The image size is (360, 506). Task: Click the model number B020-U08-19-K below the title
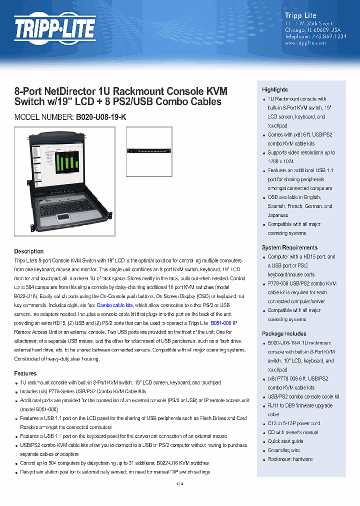click(x=101, y=117)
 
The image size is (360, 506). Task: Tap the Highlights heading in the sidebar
click(x=275, y=89)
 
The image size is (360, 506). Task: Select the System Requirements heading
click(x=289, y=247)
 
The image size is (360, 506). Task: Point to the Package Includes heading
click(x=284, y=333)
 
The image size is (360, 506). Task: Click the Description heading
click(x=28, y=251)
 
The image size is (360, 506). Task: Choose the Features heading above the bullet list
click(x=25, y=373)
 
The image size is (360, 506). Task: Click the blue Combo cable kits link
click(x=114, y=305)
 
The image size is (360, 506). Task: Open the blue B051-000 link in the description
click(x=220, y=323)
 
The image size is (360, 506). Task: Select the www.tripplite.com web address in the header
click(x=305, y=43)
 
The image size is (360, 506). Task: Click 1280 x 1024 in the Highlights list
click(x=280, y=161)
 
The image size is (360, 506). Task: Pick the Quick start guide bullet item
click(x=285, y=441)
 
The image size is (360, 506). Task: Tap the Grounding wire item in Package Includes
click(x=283, y=450)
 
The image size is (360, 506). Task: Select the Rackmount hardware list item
click(x=290, y=459)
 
